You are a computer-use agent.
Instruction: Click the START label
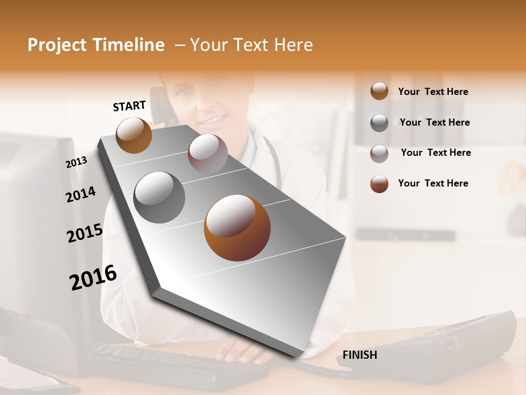[129, 106]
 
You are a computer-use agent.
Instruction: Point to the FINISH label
[359, 355]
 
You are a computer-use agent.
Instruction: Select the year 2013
[76, 162]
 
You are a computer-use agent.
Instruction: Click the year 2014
[81, 195]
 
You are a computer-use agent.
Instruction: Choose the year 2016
[93, 278]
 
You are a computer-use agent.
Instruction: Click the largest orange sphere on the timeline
[237, 228]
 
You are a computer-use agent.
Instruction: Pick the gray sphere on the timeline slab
[159, 198]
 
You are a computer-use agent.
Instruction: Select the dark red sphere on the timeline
[208, 154]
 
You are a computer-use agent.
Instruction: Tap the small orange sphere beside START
[134, 135]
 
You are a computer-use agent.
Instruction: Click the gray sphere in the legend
[379, 123]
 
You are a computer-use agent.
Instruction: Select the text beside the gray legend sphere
[434, 122]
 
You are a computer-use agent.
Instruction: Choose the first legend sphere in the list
[379, 92]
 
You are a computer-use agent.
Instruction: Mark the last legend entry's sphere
[379, 184]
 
